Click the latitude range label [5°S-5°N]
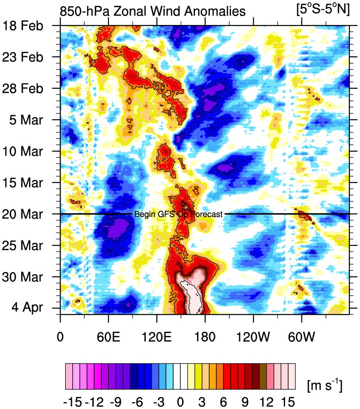pos(323,9)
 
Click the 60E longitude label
pos(108,335)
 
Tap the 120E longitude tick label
pos(157,335)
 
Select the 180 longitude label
pos(205,335)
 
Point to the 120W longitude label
pos(253,335)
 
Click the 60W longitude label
pos(302,335)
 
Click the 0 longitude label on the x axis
pos(60,335)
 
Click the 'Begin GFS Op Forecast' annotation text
pos(178,215)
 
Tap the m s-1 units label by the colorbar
pos(324,384)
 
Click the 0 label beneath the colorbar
pos(181,398)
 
